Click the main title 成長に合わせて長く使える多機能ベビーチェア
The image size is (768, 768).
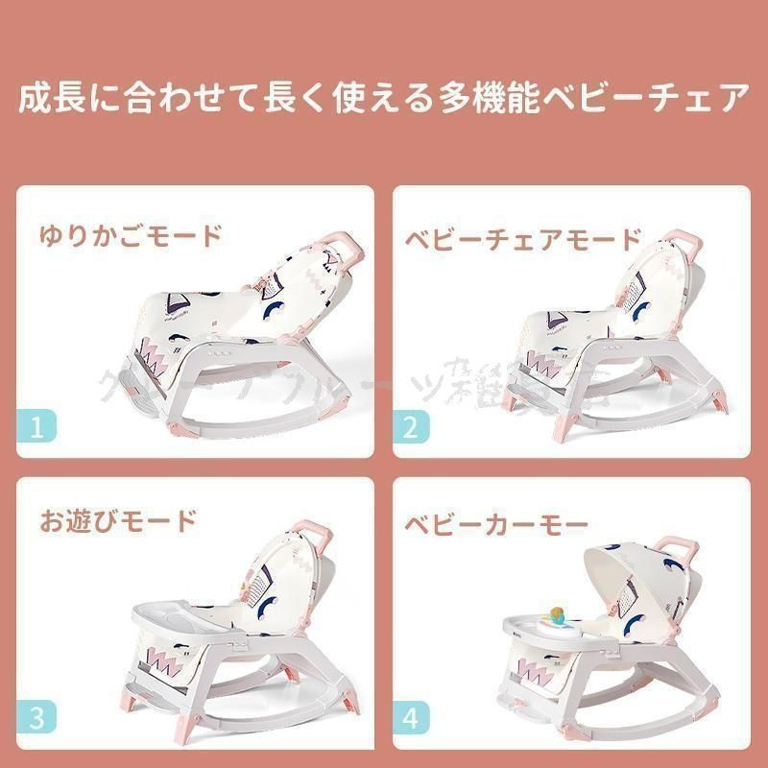[384, 99]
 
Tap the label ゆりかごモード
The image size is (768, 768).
[131, 235]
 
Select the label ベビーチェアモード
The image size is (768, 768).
[520, 238]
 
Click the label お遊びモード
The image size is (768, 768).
[118, 521]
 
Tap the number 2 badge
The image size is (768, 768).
[411, 425]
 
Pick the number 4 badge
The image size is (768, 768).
[411, 716]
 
